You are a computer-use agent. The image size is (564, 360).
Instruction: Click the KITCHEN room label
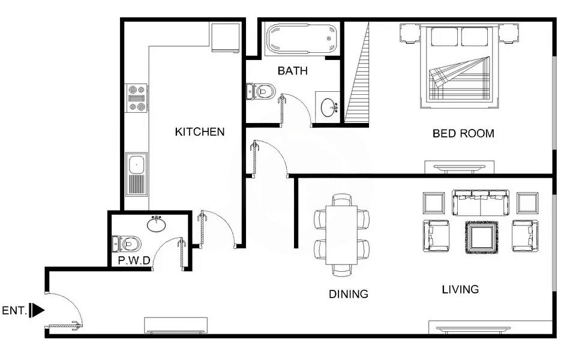click(x=199, y=132)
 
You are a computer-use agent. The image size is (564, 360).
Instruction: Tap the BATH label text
click(x=292, y=71)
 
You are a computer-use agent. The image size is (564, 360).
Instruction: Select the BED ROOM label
click(x=463, y=133)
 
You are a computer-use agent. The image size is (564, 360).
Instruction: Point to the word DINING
click(x=348, y=294)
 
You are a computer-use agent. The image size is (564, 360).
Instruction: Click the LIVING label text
click(x=460, y=290)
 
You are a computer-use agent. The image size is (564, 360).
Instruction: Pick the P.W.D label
click(x=134, y=261)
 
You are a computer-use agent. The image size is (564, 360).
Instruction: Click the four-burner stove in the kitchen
click(x=136, y=98)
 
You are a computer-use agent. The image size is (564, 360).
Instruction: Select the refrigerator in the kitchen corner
click(x=226, y=37)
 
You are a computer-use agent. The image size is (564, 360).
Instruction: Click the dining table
click(x=341, y=235)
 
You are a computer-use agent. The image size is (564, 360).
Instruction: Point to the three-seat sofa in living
click(x=481, y=203)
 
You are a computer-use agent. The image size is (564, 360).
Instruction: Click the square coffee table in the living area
click(x=481, y=237)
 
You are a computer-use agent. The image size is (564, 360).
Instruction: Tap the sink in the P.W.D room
click(x=157, y=224)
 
